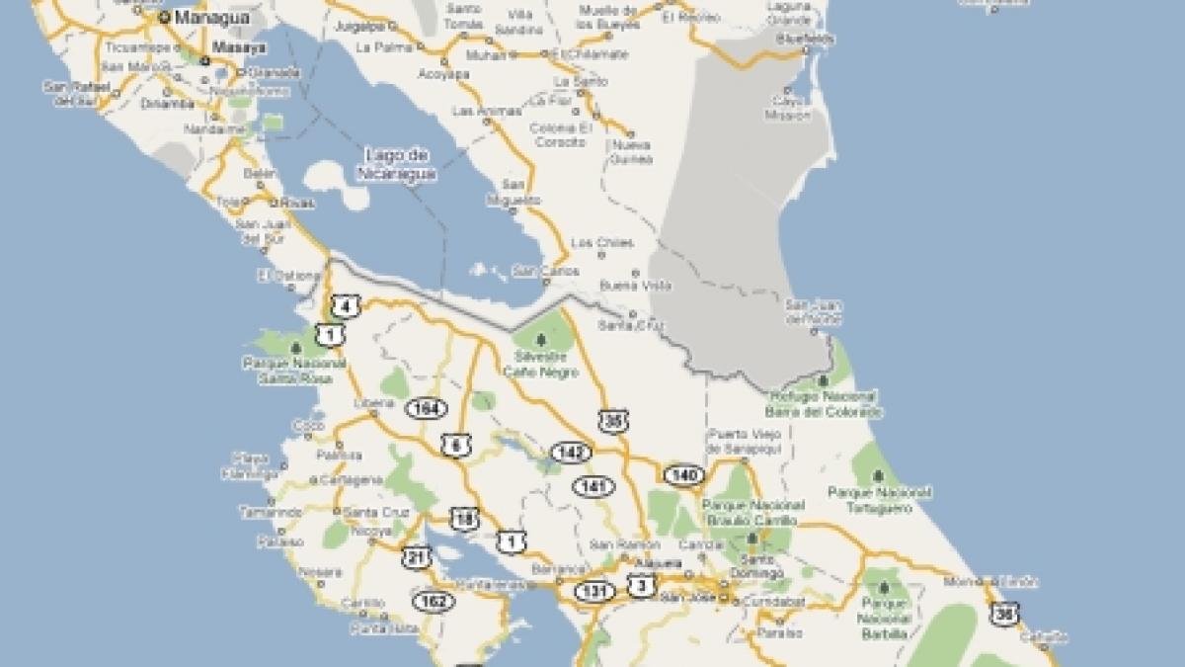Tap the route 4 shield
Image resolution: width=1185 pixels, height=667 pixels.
[344, 305]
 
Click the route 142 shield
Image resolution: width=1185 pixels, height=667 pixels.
[571, 453]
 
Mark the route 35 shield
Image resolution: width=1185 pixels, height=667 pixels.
[613, 420]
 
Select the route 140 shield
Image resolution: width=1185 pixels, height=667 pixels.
[682, 475]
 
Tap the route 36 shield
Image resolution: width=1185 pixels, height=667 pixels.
[1005, 613]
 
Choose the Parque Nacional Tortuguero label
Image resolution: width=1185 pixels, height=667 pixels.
[879, 498]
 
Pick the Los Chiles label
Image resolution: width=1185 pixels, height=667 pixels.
[602, 243]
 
